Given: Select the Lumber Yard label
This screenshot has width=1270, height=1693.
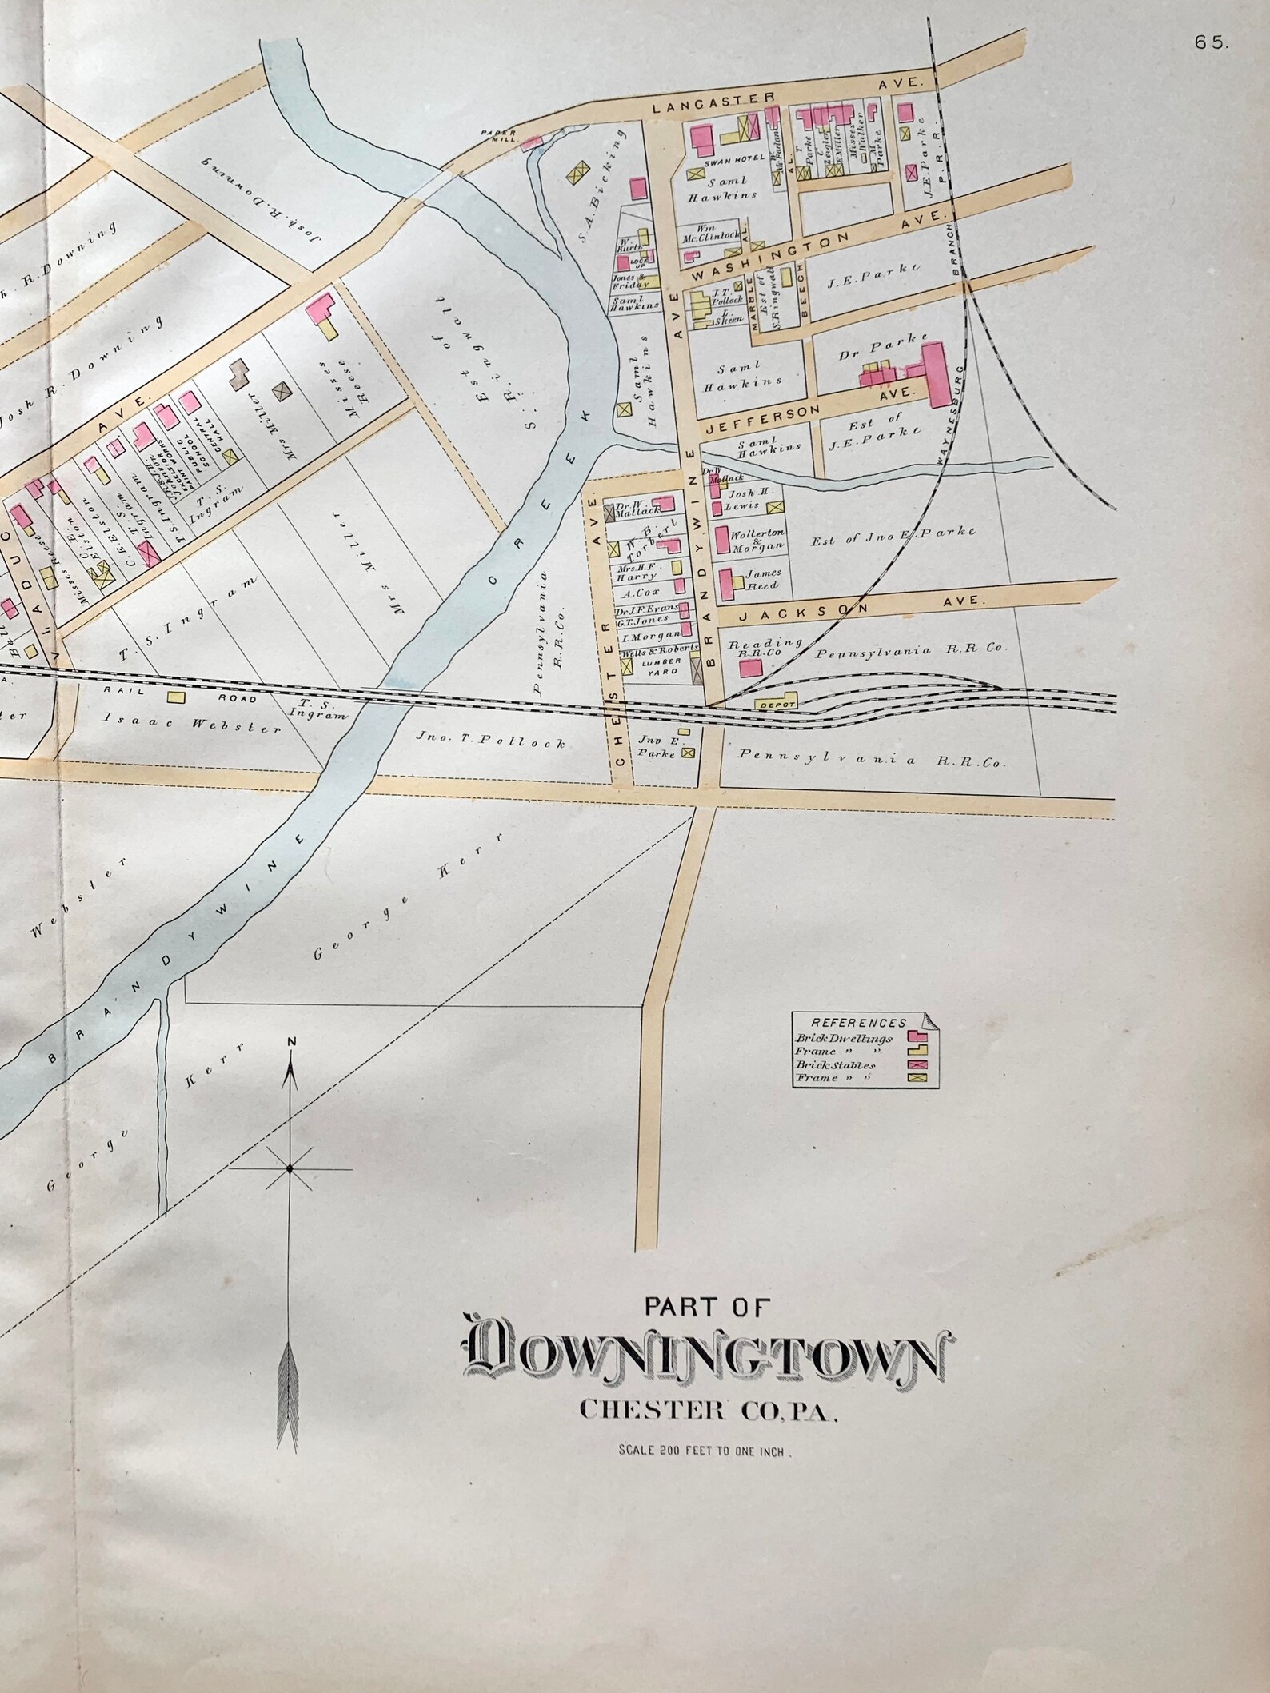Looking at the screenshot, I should [661, 666].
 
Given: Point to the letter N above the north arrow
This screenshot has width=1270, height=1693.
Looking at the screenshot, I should [291, 1041].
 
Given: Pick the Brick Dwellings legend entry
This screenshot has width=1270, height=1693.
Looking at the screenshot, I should [844, 1039].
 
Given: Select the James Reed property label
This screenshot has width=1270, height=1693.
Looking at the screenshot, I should [761, 579].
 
